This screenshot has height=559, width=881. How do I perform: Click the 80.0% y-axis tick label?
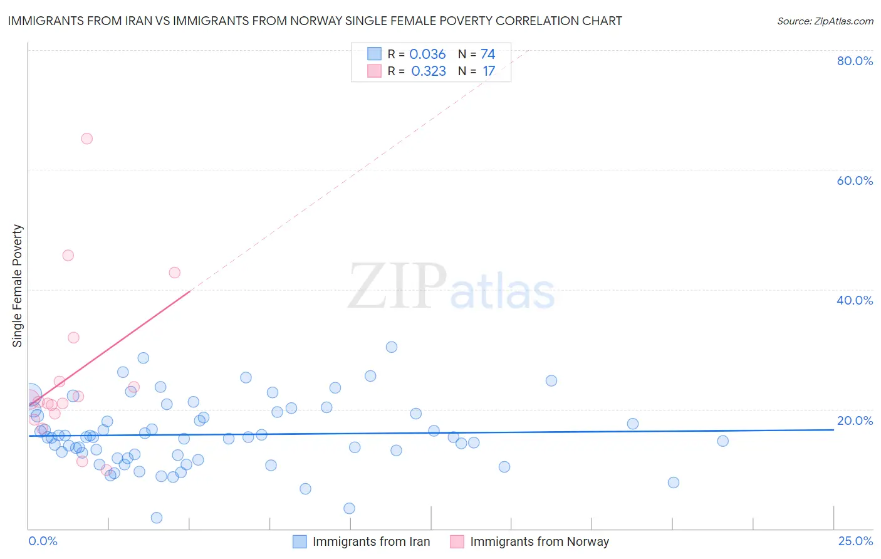[x=855, y=61]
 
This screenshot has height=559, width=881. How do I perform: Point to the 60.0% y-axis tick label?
[x=855, y=180]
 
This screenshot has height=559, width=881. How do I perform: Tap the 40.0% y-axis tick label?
[x=855, y=300]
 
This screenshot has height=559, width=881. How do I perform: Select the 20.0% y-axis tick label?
[x=855, y=421]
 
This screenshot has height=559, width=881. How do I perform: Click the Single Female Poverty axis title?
[x=18, y=286]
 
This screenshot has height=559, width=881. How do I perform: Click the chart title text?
[x=315, y=21]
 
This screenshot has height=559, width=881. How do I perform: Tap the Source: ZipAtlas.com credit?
[x=825, y=21]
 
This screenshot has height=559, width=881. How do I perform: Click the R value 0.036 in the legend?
[x=427, y=55]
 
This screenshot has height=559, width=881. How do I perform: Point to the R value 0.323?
[x=429, y=71]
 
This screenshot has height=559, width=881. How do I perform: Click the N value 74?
[x=487, y=55]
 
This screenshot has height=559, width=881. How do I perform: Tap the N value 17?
[x=489, y=71]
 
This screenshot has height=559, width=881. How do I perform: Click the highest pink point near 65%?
[x=87, y=138]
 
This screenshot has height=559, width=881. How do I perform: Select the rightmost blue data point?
[x=722, y=441]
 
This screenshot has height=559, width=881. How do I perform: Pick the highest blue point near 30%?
[x=392, y=347]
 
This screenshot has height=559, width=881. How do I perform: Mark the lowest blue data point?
[x=157, y=518]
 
